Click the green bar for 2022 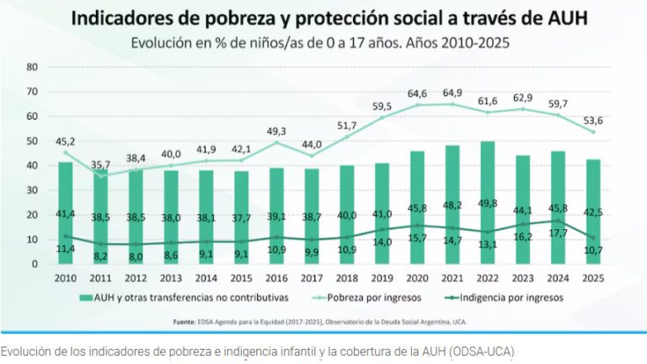487,202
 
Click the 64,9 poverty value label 452,93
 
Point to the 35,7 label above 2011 101,165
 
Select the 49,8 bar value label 488,203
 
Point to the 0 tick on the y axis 35,264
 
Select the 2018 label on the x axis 346,277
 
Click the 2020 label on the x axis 417,277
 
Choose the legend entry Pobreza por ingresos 373,297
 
